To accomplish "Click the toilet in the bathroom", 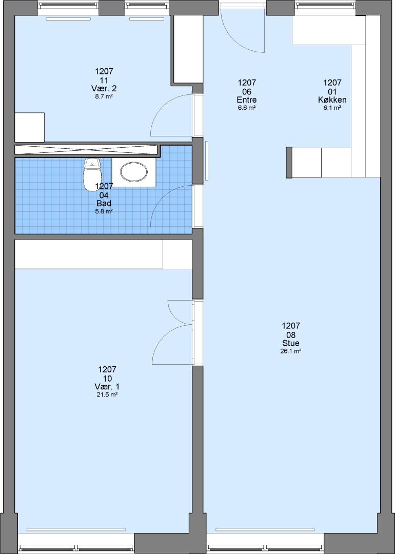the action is [92, 174].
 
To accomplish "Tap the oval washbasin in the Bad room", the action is [134, 172].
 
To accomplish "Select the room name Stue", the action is [291, 343].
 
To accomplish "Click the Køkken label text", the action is [332, 100].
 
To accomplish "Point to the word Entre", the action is [247, 100].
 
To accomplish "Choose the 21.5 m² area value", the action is [107, 394].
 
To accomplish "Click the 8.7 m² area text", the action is [104, 96].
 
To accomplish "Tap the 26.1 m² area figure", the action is [291, 351].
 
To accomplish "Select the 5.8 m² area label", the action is [104, 211].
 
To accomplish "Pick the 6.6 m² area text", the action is [247, 108].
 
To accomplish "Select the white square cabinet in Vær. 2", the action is [30, 127].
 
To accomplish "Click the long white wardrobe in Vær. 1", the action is [104, 254].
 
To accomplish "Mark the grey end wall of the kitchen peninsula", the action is [289, 163].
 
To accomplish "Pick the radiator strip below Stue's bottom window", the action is [265, 529].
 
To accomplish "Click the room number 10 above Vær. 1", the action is [107, 379].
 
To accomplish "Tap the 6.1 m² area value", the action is [332, 108].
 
